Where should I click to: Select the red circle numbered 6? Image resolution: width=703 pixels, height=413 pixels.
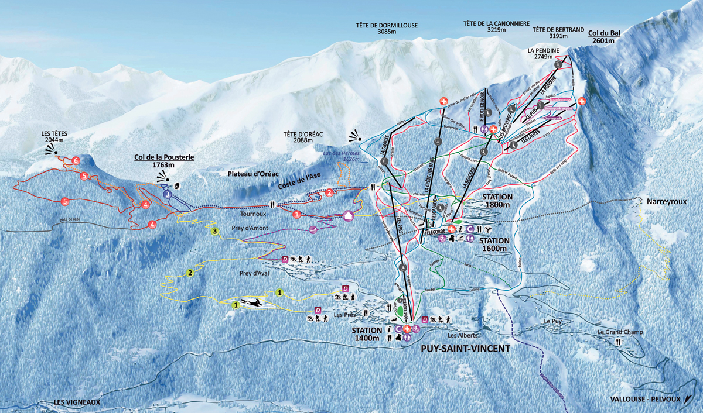click(76, 160)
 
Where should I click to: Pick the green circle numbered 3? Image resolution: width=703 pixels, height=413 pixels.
click(216, 232)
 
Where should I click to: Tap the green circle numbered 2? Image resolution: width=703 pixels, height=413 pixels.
click(190, 273)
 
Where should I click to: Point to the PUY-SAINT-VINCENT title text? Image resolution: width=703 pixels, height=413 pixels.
click(465, 349)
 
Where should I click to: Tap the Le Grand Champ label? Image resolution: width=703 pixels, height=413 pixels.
click(620, 332)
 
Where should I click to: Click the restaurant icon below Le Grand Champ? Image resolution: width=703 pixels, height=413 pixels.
click(619, 342)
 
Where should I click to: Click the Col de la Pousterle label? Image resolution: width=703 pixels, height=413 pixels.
click(161, 161)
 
